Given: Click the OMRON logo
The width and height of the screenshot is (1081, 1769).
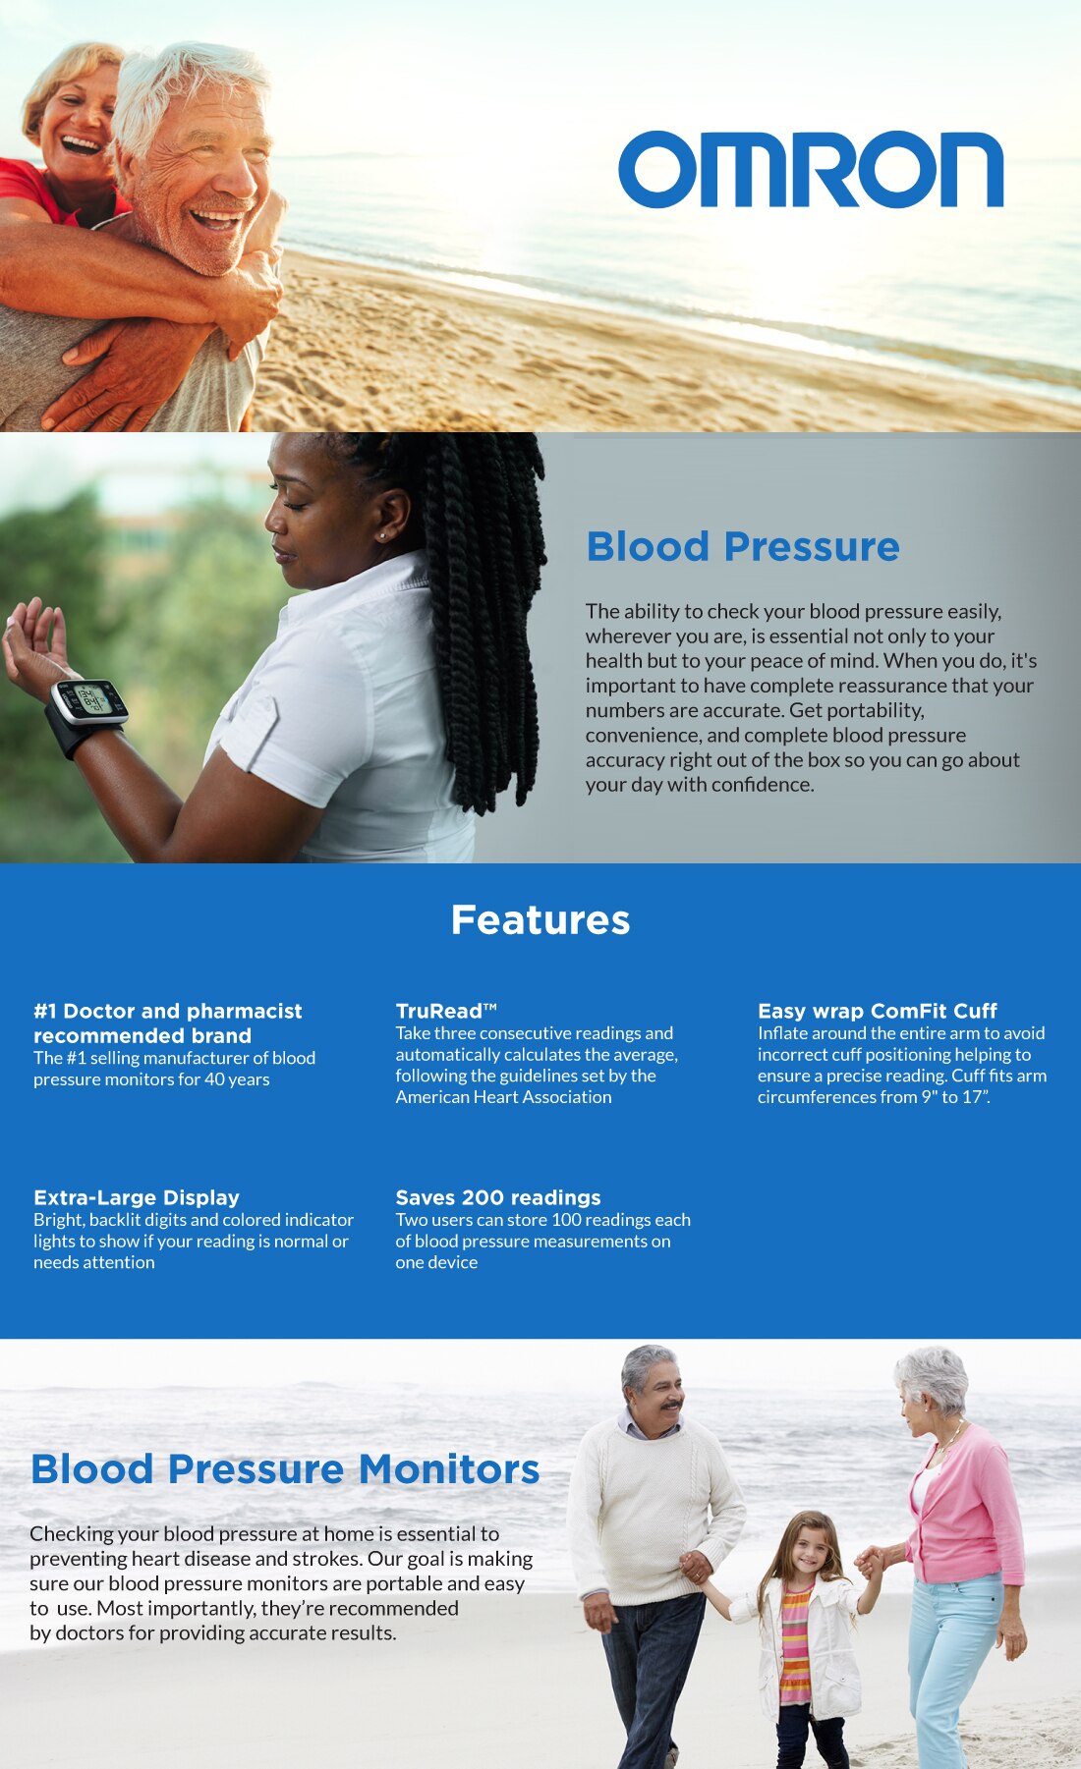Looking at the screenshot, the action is pos(811,170).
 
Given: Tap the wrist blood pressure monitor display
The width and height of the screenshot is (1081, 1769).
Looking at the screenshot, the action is pos(91,700).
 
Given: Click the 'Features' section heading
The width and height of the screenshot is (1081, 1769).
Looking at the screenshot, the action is pos(540,920).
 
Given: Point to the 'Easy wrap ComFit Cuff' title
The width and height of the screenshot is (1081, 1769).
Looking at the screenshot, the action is pos(877,1011).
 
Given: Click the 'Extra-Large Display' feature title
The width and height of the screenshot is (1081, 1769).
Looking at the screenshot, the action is pos(137,1197).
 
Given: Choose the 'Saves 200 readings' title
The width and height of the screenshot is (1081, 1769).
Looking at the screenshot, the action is pos(498,1197).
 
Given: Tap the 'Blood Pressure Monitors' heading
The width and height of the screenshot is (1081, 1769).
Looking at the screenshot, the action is pos(285,1469).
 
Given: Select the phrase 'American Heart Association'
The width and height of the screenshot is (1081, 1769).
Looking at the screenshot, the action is pos(503,1097).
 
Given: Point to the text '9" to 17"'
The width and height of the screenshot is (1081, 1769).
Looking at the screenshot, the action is pos(954,1097).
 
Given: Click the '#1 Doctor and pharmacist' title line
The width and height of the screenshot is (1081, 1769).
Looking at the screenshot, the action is pos(168,1011).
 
